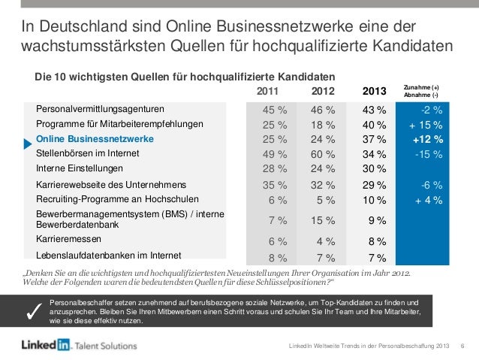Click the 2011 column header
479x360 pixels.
coord(267,92)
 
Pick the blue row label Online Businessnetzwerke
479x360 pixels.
coord(95,139)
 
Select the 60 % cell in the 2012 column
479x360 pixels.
coord(324,153)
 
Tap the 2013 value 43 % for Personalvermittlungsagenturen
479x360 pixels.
coord(373,111)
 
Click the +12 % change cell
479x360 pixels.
coord(427,139)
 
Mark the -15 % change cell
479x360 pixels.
coord(428,153)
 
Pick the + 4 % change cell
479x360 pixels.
coord(426,198)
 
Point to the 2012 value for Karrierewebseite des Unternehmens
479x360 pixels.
coord(324,184)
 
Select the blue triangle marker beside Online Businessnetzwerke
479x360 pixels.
coord(29,140)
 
